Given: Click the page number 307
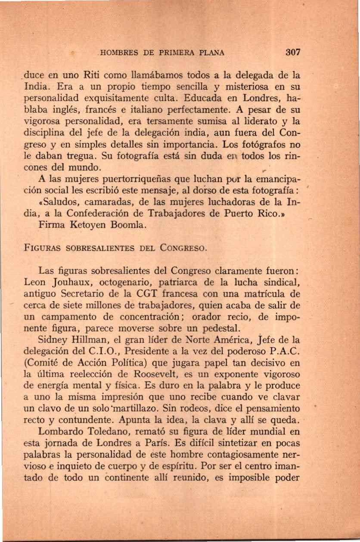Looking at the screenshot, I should click(293, 53).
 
